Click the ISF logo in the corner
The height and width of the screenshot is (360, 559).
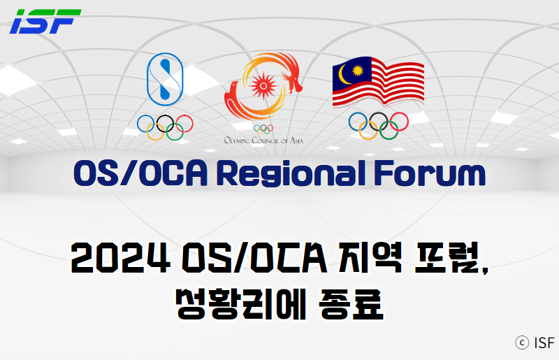(45, 22)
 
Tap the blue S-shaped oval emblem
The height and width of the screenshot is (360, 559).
(165, 79)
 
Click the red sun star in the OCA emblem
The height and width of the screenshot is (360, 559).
(263, 85)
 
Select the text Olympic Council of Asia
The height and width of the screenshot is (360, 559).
(264, 141)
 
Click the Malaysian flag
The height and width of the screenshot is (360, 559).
(378, 82)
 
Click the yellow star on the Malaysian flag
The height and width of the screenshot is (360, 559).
(358, 71)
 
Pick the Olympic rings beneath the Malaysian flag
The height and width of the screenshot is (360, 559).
(378, 126)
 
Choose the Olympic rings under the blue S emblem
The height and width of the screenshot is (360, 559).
(165, 127)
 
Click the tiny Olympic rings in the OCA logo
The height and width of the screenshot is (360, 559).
(263, 129)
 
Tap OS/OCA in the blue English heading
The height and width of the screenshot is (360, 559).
(140, 173)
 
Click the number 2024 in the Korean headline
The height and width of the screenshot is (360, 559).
(120, 258)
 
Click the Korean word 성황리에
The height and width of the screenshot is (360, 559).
(241, 304)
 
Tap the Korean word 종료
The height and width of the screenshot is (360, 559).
(351, 304)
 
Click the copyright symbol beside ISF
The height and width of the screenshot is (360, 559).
(522, 343)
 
